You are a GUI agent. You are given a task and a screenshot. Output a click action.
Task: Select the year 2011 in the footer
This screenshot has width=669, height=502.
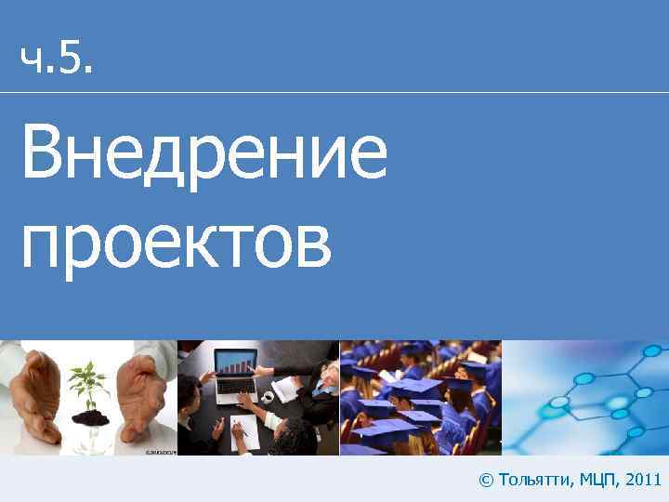(644, 480)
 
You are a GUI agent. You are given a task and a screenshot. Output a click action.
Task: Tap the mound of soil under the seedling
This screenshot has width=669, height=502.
(90, 418)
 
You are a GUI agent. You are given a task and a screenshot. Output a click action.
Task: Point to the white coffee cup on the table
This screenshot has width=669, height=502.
(268, 396)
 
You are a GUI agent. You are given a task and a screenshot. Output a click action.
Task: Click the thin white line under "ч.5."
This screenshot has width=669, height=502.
(334, 92)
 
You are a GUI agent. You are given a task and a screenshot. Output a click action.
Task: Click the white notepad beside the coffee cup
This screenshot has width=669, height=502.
(288, 390)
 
